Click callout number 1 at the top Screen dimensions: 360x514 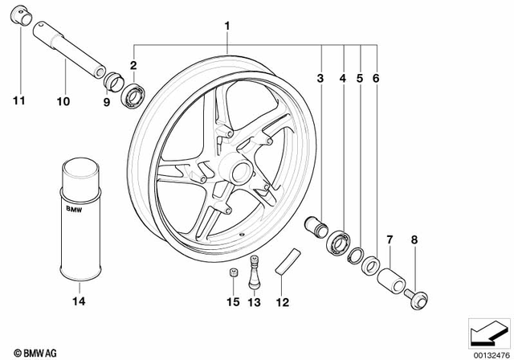click(x=227, y=26)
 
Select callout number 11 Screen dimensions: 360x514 click(x=18, y=100)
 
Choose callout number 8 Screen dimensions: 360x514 click(x=414, y=240)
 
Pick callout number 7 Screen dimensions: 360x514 click(x=390, y=240)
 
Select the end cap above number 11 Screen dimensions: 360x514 click(x=22, y=16)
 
